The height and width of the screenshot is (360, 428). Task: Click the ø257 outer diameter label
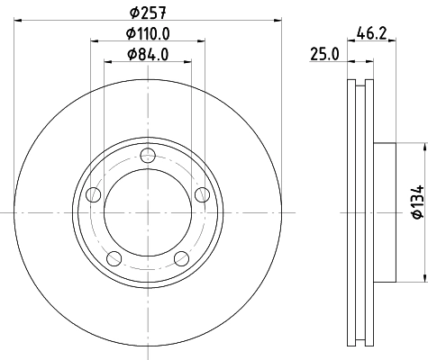point(148,12)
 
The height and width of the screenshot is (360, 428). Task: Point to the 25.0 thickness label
point(323,54)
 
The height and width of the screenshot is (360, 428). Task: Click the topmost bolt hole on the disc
point(148,155)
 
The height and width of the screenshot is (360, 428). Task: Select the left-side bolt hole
point(91,194)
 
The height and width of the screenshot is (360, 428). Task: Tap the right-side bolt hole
point(203,194)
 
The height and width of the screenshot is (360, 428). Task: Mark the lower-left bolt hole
point(113,259)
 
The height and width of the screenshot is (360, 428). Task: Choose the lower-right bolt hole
point(181,259)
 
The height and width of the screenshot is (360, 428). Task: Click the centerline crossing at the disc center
point(148,212)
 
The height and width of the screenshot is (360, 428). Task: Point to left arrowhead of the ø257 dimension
point(17,20)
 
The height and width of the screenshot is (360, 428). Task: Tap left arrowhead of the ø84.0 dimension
point(106,61)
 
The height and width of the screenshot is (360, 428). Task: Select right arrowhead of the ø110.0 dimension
point(202,40)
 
